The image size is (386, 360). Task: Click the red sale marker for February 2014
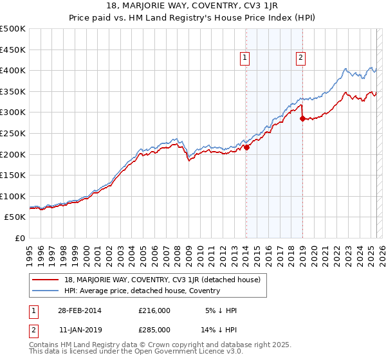pyautogui.click(x=246, y=147)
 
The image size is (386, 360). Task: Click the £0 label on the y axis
pyautogui.click(x=19, y=238)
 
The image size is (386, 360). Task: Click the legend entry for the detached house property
pyautogui.click(x=161, y=280)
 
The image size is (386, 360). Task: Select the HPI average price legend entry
pyautogui.click(x=142, y=291)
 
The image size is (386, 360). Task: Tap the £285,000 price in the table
pyautogui.click(x=154, y=329)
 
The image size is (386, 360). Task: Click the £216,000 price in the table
pyautogui.click(x=154, y=310)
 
